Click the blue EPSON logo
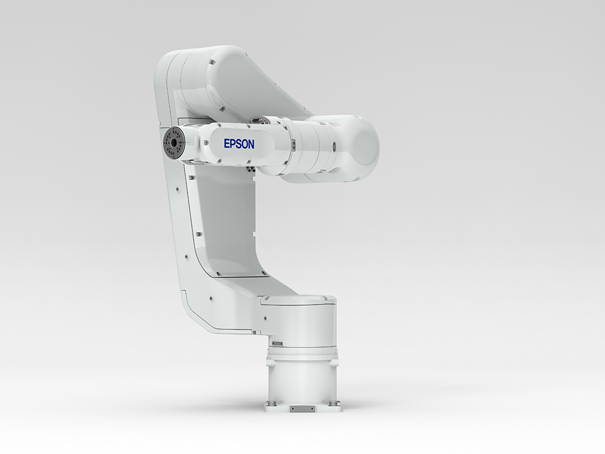pos(239,144)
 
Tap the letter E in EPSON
pos(227,143)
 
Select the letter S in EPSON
pos(238,144)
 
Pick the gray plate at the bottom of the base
pos(299,409)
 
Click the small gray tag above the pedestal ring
pos(277,343)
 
